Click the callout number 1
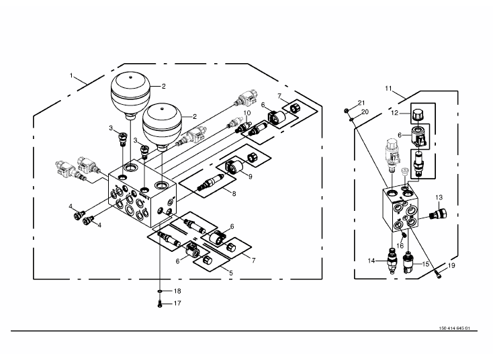point(71,75)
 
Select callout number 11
point(388,89)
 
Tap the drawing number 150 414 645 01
point(454,328)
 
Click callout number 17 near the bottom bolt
point(177,304)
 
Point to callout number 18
point(177,291)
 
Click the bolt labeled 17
point(160,304)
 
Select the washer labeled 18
point(160,291)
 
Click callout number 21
point(361,103)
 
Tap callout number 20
point(365,112)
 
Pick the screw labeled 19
point(439,275)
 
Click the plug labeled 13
point(439,214)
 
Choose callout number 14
point(371,261)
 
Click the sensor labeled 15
point(408,263)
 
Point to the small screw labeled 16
point(404,234)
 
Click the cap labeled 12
point(418,114)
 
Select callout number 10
point(246,113)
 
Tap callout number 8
point(234,193)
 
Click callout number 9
point(251,177)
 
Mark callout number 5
point(231,273)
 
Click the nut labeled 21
point(346,111)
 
